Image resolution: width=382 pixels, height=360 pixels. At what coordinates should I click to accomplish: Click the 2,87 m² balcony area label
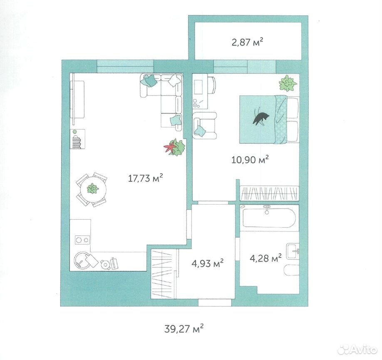(x=247, y=42)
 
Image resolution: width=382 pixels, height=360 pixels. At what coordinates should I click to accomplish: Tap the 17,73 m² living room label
(x=145, y=178)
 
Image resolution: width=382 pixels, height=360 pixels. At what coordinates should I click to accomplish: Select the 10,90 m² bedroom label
(x=250, y=160)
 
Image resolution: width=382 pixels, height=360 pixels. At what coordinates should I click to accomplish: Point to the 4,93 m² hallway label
(x=208, y=263)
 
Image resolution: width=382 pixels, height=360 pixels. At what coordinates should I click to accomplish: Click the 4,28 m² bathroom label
(x=265, y=258)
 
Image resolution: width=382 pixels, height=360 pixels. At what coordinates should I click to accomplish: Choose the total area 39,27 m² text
(x=184, y=329)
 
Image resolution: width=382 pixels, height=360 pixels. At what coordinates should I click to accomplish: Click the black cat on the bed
(x=260, y=118)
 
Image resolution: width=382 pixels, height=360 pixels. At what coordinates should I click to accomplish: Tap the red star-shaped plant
(x=169, y=147)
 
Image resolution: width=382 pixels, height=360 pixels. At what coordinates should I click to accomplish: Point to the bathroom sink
(x=293, y=251)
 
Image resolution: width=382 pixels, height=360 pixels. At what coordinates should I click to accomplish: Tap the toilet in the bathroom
(x=292, y=270)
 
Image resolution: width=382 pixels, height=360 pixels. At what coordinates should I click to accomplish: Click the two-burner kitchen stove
(x=82, y=240)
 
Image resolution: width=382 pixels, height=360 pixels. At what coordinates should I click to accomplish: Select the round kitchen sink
(x=82, y=260)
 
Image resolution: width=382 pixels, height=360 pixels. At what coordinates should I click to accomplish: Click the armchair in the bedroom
(x=205, y=125)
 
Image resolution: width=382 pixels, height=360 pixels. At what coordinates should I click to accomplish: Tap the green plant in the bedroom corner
(x=288, y=83)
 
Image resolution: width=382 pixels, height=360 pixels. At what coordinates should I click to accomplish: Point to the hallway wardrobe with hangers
(x=163, y=273)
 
